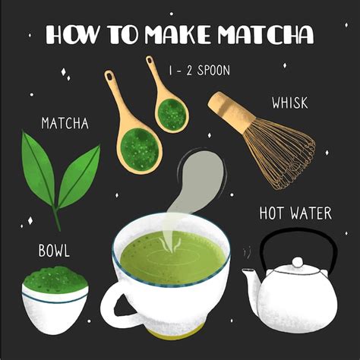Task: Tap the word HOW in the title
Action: click(x=71, y=36)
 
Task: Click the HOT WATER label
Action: click(x=296, y=213)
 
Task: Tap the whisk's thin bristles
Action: click(x=281, y=152)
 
